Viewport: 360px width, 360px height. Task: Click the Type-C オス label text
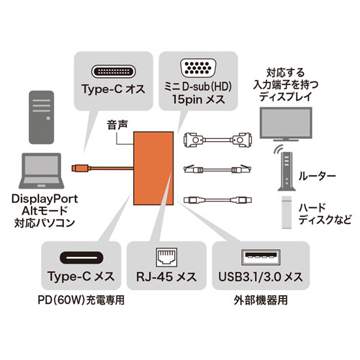[x=112, y=91]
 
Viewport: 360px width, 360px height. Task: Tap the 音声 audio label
[x=117, y=124]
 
